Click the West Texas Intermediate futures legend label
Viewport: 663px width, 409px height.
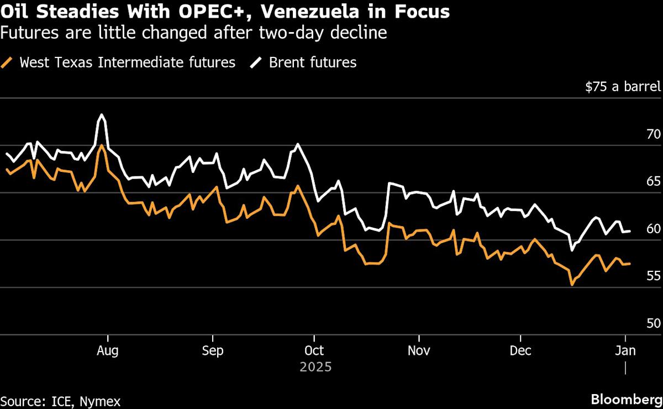tap(127, 62)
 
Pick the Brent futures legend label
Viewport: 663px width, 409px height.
tap(313, 62)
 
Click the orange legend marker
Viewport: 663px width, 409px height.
tap(7, 62)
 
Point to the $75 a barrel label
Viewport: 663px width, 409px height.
tap(623, 87)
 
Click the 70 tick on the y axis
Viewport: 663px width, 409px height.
tap(654, 134)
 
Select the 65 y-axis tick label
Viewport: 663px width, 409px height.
tap(654, 181)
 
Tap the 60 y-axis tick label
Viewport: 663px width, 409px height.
tap(654, 229)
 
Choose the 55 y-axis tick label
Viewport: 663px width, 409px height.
tap(654, 276)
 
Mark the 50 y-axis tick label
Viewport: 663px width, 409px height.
tap(654, 323)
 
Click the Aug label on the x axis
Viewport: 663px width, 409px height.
tap(108, 351)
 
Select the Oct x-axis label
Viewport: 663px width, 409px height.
tap(314, 351)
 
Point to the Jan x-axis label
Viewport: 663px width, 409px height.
tap(625, 351)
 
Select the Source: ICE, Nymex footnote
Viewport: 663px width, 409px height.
tap(61, 401)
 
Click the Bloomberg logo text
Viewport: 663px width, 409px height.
tap(627, 400)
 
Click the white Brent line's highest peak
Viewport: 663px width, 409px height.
tap(101, 115)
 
